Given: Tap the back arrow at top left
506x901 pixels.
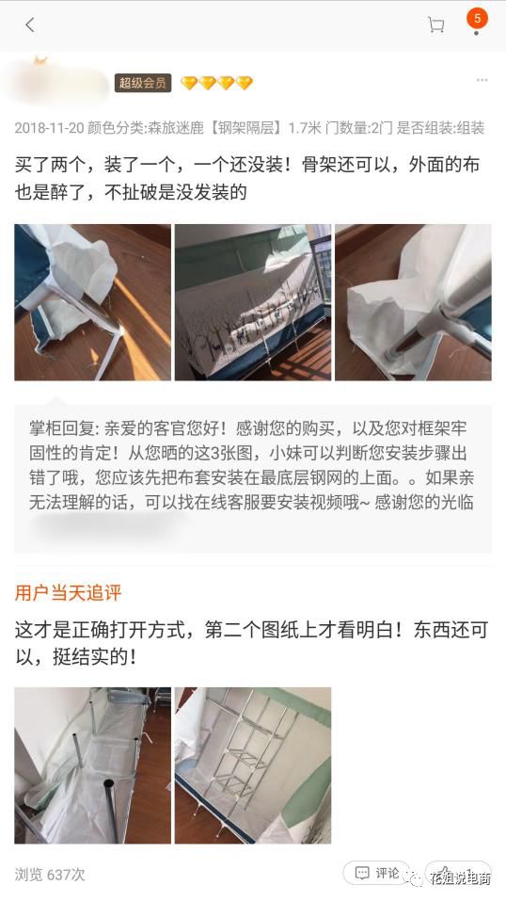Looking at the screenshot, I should coord(29,25).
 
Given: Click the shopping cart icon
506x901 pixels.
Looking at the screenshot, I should coord(435,25).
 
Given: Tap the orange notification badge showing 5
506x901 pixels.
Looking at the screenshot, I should coord(477,19).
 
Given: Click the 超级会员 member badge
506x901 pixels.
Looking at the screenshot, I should coord(143,83).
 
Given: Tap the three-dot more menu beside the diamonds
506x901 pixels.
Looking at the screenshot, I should coord(482,81).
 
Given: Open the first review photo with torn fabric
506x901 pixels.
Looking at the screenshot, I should coord(92,302).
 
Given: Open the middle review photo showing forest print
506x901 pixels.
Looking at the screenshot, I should coord(252,302).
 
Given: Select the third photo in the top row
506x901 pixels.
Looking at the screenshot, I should coord(413,302).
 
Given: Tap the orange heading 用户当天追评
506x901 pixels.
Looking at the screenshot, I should coord(68,593).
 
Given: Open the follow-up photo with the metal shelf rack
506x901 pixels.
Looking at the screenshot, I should coord(252,764).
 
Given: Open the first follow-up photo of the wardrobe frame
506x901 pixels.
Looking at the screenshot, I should coord(92,764).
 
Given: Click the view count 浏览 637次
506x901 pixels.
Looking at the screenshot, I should coord(50,875).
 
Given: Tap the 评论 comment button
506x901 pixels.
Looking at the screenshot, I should coord(377,873).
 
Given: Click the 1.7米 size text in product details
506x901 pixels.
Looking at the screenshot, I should coord(305,128).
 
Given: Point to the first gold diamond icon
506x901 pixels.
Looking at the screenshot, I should coord(188,83).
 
